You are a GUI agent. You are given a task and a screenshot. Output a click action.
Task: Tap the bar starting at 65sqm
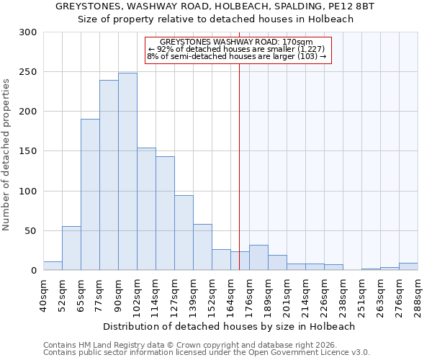(90, 194)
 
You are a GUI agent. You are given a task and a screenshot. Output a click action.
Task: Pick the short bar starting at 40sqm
(53, 266)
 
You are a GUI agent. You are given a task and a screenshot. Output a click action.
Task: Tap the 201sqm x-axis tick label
(287, 295)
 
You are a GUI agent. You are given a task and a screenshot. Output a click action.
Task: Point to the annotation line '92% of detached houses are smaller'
(238, 49)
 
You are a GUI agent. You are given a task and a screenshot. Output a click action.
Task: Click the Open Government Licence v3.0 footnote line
(206, 352)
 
